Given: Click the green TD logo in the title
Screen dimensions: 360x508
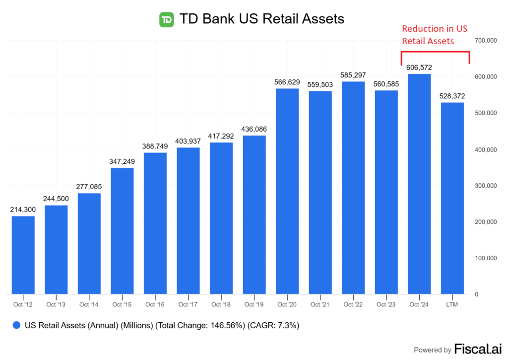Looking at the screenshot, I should pos(166,19).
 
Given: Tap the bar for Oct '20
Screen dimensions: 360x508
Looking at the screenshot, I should pos(287,191).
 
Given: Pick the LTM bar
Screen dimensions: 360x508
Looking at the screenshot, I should pos(452,198).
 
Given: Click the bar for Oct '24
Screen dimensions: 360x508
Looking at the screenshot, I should pos(419,184).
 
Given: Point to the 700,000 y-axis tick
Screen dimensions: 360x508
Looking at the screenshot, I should pos(486,40).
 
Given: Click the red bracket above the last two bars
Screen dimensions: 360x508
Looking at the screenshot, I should pos(435,52).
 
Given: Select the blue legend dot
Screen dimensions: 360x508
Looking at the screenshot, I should pos(17,325).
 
